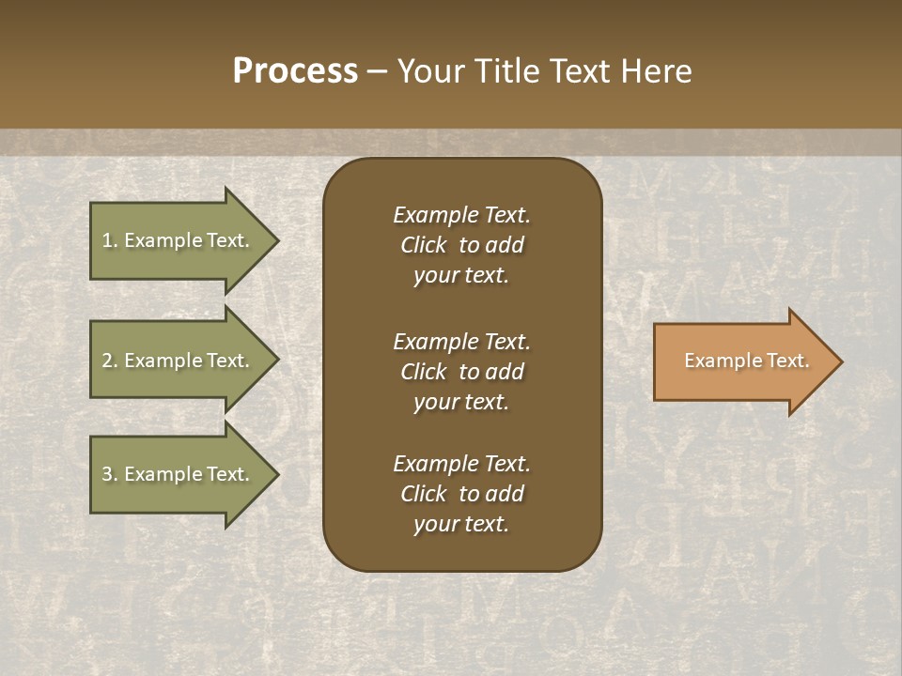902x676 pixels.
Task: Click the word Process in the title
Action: pyautogui.click(x=295, y=71)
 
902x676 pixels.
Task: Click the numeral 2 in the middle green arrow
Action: pyautogui.click(x=107, y=361)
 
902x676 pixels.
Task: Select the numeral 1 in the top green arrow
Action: pyautogui.click(x=107, y=240)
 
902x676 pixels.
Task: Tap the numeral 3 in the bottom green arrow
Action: pyautogui.click(x=107, y=474)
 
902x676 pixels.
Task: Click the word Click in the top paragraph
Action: pyautogui.click(x=424, y=245)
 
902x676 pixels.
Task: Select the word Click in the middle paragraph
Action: pyautogui.click(x=424, y=372)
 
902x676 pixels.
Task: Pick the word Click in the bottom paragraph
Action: pyautogui.click(x=424, y=494)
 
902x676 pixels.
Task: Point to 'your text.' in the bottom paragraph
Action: pyautogui.click(x=461, y=524)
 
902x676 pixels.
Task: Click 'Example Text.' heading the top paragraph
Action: pyautogui.click(x=461, y=215)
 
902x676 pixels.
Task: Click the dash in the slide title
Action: pyautogui.click(x=378, y=72)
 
